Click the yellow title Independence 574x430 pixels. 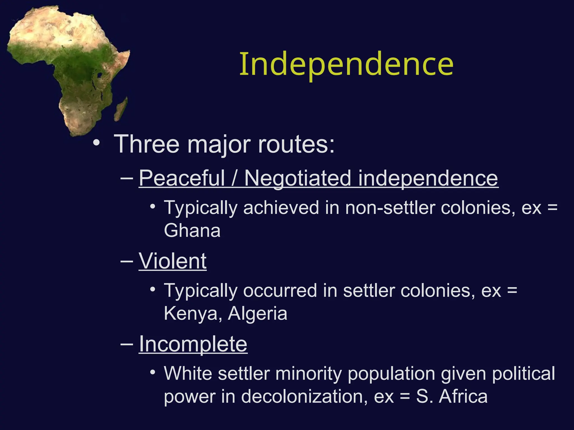[346, 64]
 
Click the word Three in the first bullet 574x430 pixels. [146, 144]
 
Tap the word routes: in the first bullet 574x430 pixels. [296, 144]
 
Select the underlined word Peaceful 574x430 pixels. [182, 178]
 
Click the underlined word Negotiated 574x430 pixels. [297, 178]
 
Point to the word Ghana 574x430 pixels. [192, 230]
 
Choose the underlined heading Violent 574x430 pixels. [172, 261]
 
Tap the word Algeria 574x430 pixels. [257, 313]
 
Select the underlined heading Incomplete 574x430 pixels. [193, 344]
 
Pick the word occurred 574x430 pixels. [280, 290]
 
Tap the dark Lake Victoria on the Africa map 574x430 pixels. [99, 75]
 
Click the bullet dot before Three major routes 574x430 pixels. [96, 143]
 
